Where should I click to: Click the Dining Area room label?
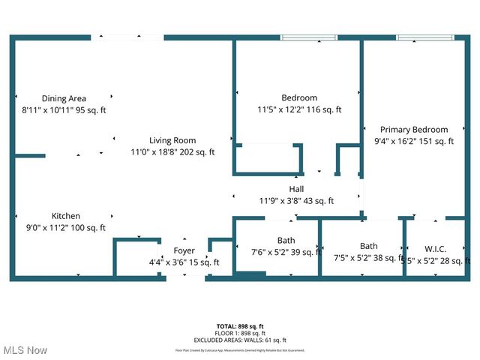64,98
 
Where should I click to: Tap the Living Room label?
172,140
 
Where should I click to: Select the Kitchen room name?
65,216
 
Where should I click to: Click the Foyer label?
184,250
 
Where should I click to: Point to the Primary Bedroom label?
414,130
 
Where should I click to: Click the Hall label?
296,189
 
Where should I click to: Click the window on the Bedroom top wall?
309,36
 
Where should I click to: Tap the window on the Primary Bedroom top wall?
424,36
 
